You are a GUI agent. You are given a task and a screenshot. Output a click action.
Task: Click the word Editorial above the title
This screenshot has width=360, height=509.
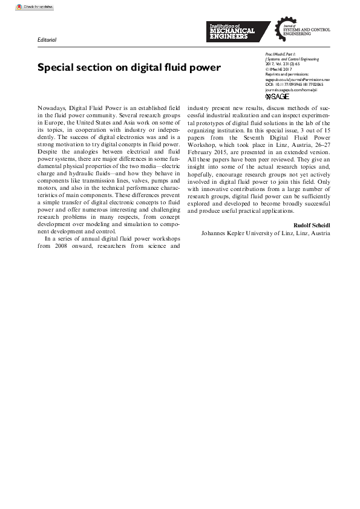coord(47,40)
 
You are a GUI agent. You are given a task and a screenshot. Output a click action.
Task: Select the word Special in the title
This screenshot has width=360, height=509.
coord(58,67)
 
